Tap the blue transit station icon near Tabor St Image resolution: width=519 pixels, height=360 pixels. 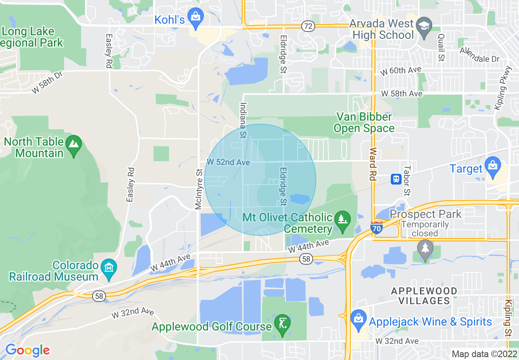(x=396, y=179)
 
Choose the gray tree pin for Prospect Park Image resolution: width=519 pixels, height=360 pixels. (x=425, y=249)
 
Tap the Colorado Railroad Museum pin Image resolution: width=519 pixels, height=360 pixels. (x=109, y=268)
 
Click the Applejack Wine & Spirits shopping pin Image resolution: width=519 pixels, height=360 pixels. (x=359, y=319)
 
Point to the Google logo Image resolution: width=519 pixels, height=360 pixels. (x=27, y=350)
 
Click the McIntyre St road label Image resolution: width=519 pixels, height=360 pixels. (x=199, y=189)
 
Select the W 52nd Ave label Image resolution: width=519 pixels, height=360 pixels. (x=228, y=162)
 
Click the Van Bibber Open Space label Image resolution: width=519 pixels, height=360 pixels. (x=364, y=123)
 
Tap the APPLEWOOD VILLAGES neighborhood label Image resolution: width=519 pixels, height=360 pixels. (x=424, y=296)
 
